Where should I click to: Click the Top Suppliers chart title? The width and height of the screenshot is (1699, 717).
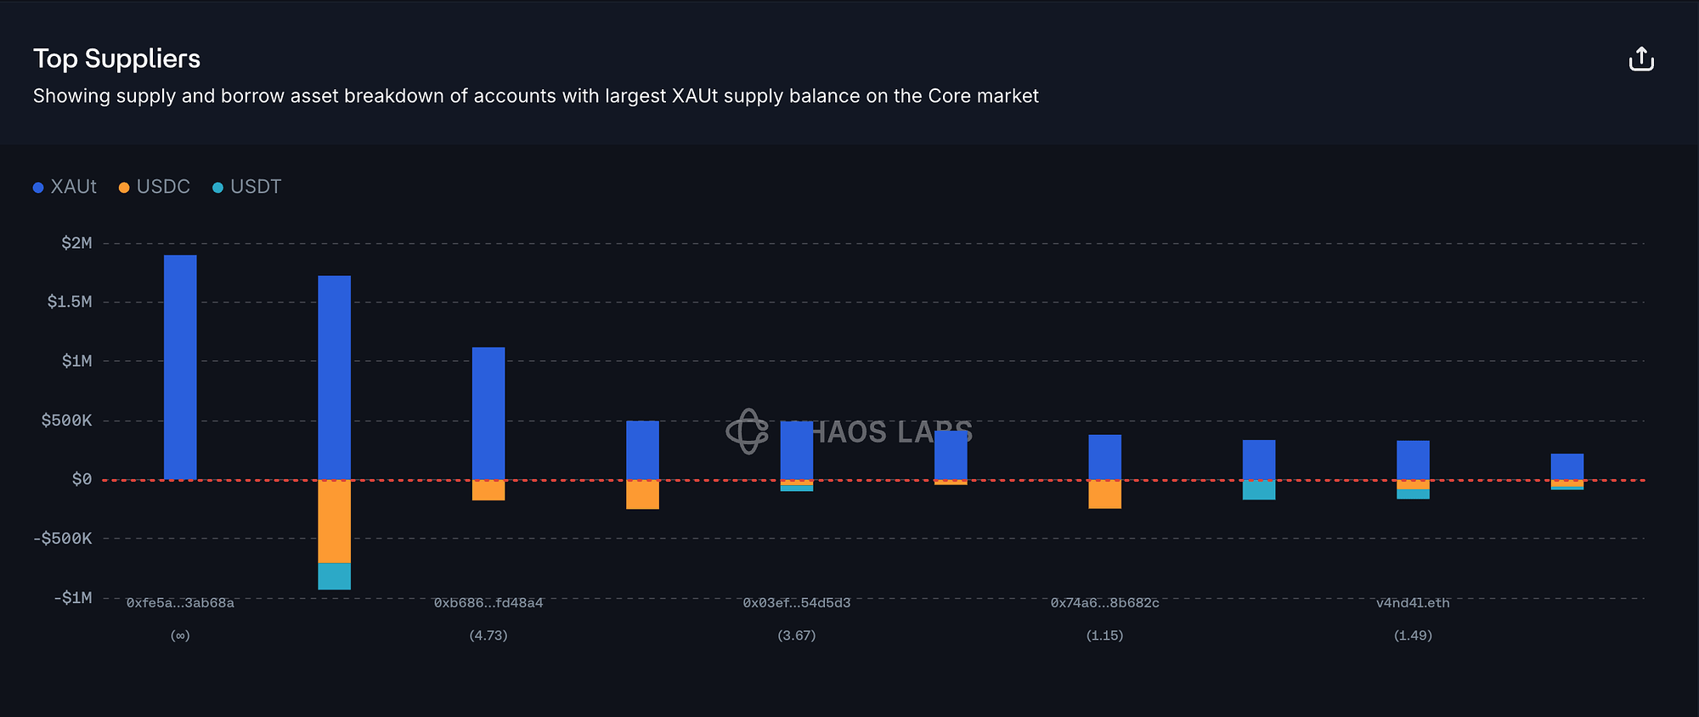click(116, 59)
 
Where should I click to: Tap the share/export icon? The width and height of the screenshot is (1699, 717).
click(1641, 59)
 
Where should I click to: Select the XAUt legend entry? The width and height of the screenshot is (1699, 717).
click(65, 187)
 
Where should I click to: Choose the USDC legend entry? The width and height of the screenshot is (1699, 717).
click(155, 187)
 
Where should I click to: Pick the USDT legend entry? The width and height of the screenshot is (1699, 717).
click(247, 187)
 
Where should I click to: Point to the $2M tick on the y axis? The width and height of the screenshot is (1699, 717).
click(76, 244)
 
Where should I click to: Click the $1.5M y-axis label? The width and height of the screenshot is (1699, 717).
click(70, 302)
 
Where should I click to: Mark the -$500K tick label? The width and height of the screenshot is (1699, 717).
click(64, 539)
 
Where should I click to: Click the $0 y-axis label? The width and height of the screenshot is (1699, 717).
click(82, 480)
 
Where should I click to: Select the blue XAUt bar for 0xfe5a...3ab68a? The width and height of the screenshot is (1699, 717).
click(180, 367)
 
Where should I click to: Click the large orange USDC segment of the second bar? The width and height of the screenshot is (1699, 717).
click(334, 522)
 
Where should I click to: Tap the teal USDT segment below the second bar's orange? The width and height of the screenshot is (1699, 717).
click(334, 576)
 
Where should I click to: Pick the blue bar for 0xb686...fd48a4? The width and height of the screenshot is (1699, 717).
click(488, 413)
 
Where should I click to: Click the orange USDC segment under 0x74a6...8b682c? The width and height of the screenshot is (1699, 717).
click(1104, 494)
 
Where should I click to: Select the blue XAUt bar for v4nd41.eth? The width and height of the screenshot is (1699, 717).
click(1413, 460)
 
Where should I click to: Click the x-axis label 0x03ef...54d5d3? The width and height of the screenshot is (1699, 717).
click(797, 603)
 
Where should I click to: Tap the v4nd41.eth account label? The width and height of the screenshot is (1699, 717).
click(1413, 603)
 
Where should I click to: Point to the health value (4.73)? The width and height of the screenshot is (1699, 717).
click(488, 635)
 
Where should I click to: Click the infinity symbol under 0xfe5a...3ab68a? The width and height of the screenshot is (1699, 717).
click(180, 635)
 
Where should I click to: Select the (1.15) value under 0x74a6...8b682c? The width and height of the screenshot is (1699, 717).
click(1104, 635)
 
